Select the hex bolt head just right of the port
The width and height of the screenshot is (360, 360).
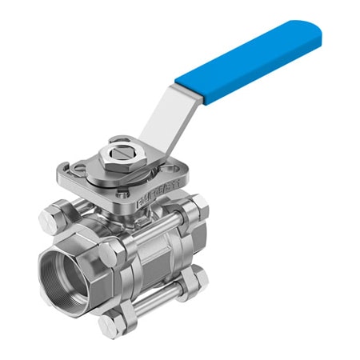click(107, 254)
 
